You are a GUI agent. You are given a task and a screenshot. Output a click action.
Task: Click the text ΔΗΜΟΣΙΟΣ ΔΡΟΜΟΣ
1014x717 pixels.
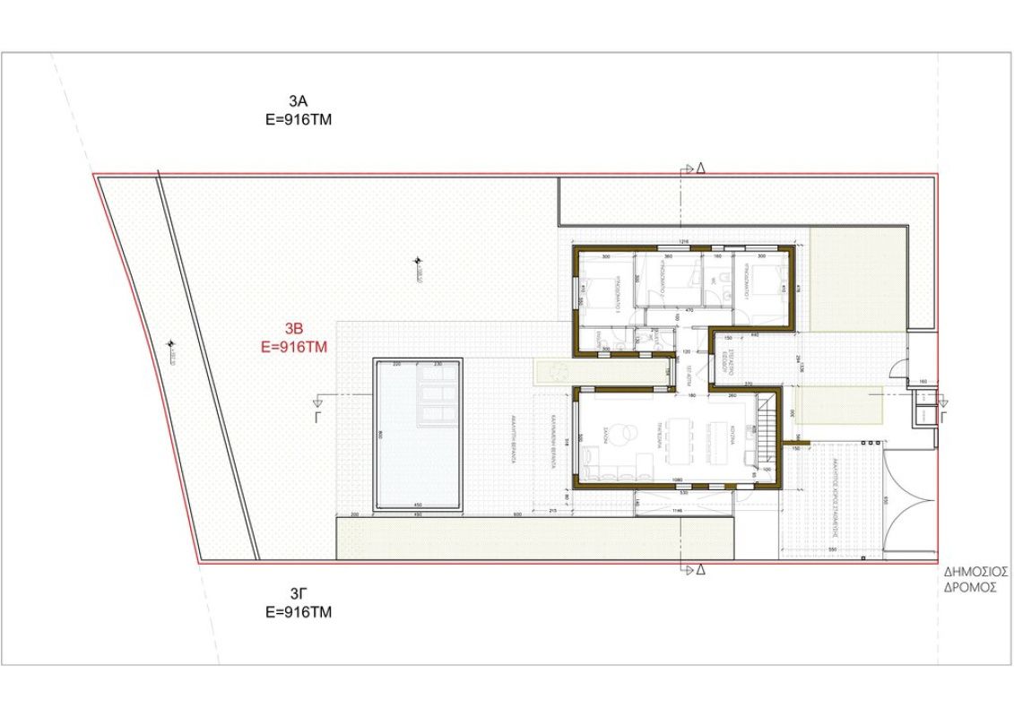(x=976, y=579)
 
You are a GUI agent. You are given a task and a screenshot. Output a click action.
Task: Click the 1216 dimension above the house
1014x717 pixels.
(x=682, y=242)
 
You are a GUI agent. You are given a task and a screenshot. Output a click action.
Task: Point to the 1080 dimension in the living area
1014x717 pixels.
(x=679, y=479)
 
